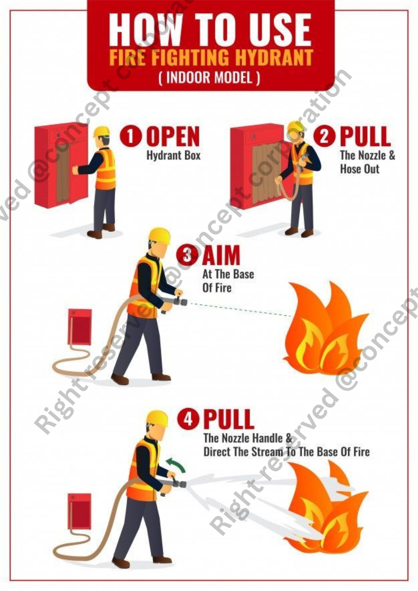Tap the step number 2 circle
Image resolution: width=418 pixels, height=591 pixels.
pyautogui.click(x=324, y=137)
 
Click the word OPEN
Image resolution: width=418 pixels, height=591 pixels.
pyautogui.click(x=174, y=137)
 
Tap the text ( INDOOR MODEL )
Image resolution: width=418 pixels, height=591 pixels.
pyautogui.click(x=209, y=78)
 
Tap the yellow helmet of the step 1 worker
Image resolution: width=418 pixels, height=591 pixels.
pyautogui.click(x=101, y=131)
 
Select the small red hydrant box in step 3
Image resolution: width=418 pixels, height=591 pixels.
pyautogui.click(x=80, y=327)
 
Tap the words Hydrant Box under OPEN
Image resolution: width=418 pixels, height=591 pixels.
pyautogui.click(x=174, y=155)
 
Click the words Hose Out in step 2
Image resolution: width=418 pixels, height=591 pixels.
pyautogui.click(x=359, y=169)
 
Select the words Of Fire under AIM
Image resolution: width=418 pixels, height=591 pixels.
pyautogui.click(x=217, y=288)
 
